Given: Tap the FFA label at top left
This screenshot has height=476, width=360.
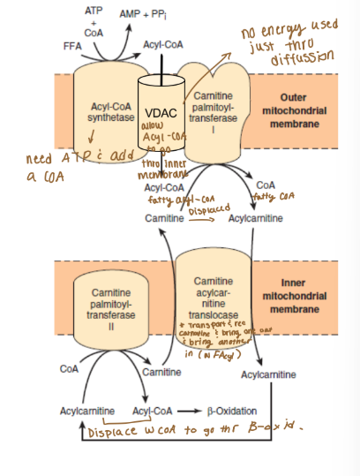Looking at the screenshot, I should [73, 44].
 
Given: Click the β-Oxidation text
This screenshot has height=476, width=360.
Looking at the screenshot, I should [231, 412].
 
